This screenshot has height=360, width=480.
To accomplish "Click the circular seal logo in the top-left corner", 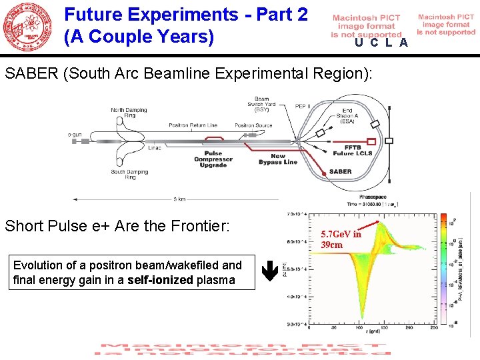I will click(x=27, y=27).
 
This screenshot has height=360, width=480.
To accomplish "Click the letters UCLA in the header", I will click(x=381, y=43).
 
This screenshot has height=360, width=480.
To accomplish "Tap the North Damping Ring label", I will click(x=127, y=113).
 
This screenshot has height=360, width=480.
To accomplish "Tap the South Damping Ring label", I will click(x=127, y=174).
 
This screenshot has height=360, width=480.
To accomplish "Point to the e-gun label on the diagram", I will click(x=75, y=135).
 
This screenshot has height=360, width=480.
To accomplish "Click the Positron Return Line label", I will click(x=193, y=125).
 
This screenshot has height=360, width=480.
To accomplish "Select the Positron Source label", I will click(x=253, y=125).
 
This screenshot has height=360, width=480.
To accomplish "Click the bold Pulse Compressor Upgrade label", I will click(x=213, y=159).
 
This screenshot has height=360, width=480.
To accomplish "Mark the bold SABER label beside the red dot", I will click(x=340, y=171).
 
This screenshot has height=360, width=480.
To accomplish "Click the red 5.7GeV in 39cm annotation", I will click(x=341, y=239).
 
